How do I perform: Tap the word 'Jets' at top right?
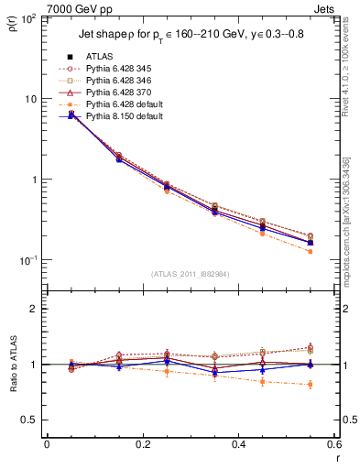(324, 7)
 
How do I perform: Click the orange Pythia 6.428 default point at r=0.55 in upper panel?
(311, 251)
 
